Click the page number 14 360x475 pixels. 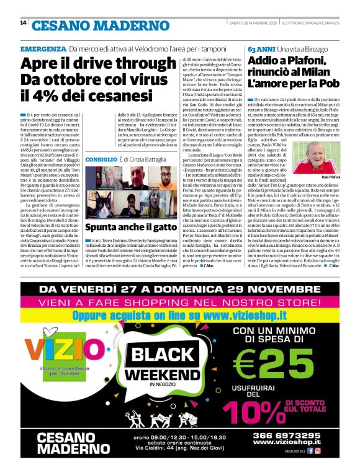23,24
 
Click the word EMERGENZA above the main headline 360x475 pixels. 43,49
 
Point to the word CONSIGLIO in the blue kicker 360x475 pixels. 101,159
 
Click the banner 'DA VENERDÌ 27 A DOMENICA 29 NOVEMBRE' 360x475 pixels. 179,290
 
